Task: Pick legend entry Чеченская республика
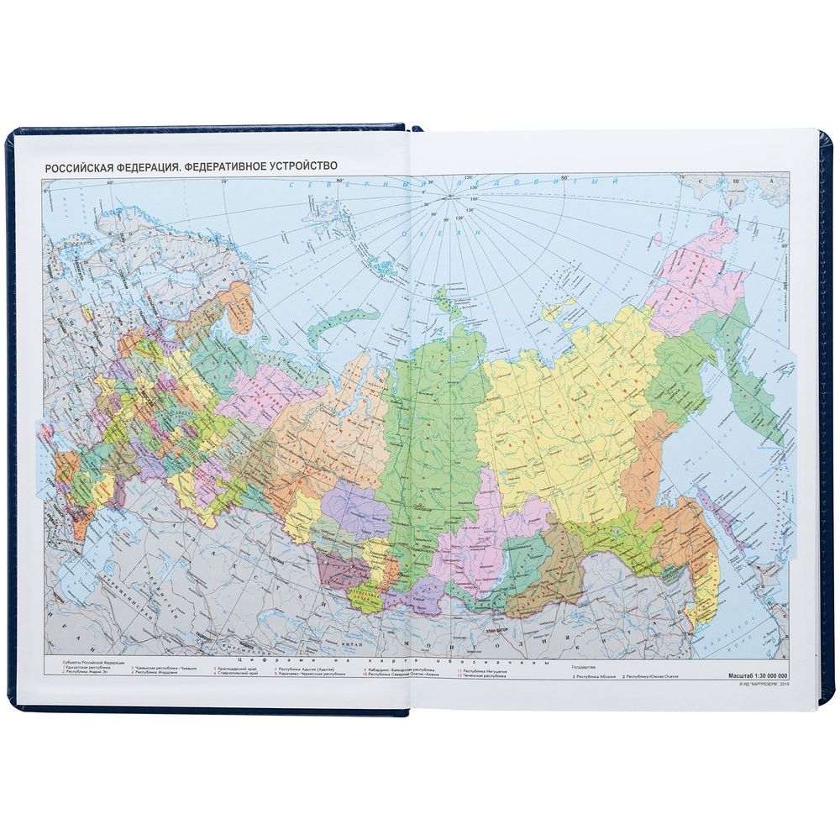[484, 676]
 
